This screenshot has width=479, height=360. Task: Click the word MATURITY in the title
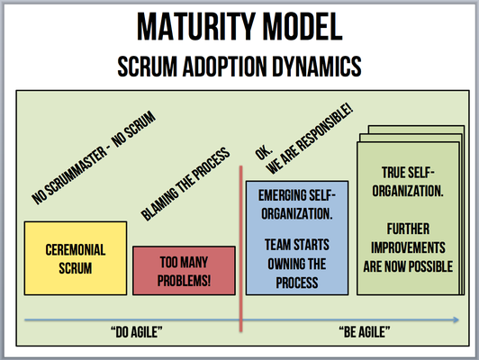tap(195, 27)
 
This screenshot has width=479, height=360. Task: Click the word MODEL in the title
tap(303, 27)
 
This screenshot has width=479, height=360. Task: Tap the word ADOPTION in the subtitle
tap(224, 67)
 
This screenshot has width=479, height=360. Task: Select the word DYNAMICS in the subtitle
tap(317, 67)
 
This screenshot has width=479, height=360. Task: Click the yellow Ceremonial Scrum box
tap(76, 258)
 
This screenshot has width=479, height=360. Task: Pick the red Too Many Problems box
tap(184, 271)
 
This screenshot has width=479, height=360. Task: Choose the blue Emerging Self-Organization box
tap(297, 238)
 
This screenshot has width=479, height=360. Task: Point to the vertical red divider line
tap(241, 248)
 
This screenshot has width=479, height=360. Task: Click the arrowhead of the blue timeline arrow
tap(456, 319)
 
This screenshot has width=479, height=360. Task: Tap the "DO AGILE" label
tap(137, 332)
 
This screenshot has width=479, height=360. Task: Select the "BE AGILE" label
tap(365, 332)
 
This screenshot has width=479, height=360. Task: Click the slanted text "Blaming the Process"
tap(185, 184)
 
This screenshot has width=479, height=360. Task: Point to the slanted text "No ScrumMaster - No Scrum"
tap(94, 157)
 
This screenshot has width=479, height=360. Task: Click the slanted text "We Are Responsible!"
tap(310, 139)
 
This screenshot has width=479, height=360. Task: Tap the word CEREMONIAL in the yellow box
tap(76, 250)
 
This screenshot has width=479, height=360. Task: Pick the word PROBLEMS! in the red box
tap(184, 281)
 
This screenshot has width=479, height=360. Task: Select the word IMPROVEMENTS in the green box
tap(408, 247)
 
